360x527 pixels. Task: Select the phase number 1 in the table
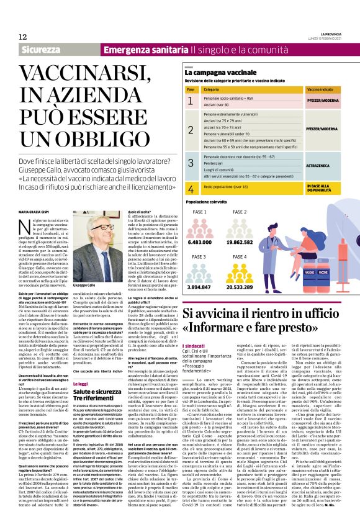point(191,101)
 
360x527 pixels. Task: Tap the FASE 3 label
point(200,256)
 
